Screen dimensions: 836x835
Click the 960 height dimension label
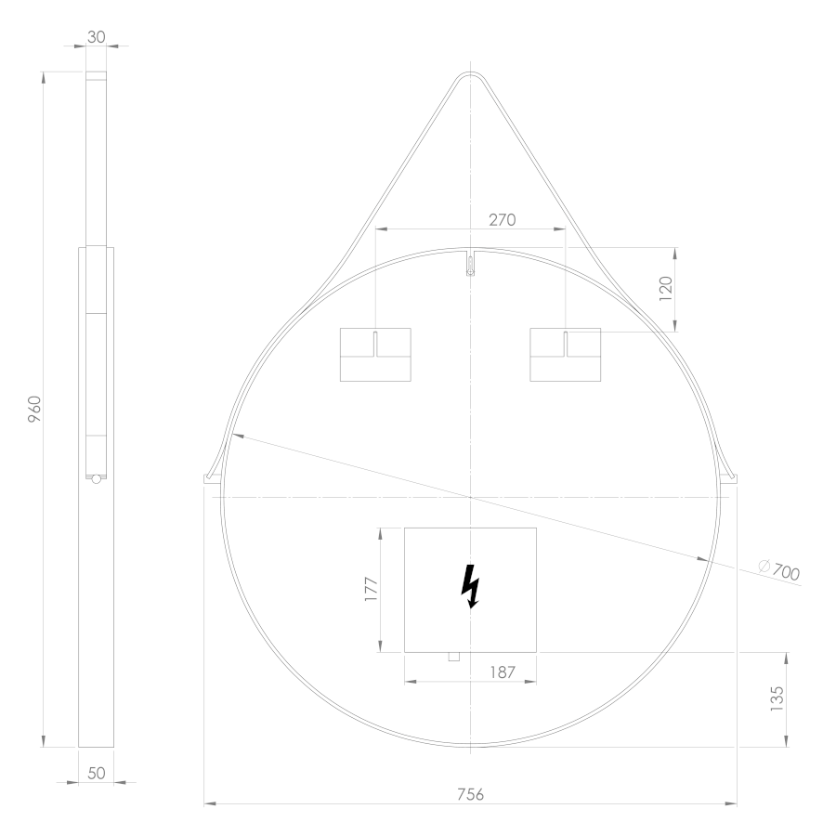pyautogui.click(x=34, y=409)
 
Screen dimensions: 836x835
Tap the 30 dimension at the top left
pyautogui.click(x=96, y=37)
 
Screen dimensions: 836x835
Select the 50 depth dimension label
pyautogui.click(x=96, y=773)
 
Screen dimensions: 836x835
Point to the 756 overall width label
pyautogui.click(x=470, y=794)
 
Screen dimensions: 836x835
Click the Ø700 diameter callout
pyautogui.click(x=779, y=569)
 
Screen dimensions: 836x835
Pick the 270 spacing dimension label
pyautogui.click(x=503, y=220)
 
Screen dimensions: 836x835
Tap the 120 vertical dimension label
pyautogui.click(x=666, y=289)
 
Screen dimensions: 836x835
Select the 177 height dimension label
pyautogui.click(x=371, y=589)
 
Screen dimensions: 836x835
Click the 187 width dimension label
pyautogui.click(x=503, y=672)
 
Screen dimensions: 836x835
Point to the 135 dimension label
pyautogui.click(x=777, y=698)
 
